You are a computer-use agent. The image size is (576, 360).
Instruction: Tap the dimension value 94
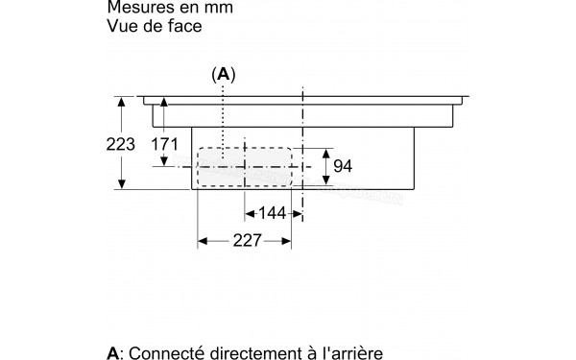tap(343, 167)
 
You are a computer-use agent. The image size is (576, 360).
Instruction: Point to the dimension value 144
tap(273, 213)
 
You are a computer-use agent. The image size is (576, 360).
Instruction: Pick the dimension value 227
tap(246, 243)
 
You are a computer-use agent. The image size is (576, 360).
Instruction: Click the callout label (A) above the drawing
tap(223, 74)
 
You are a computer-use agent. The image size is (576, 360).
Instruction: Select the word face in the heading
tap(183, 28)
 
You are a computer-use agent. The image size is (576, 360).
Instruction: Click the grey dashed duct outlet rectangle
tap(245, 167)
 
